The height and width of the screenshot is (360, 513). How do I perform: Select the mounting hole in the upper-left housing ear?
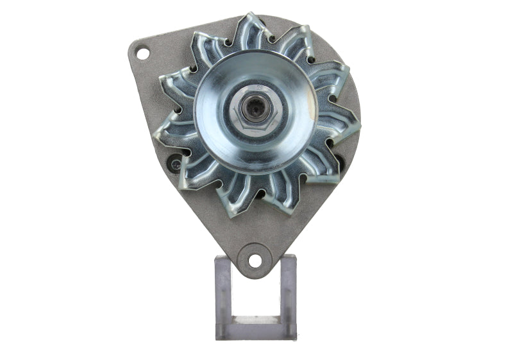coord(142,52)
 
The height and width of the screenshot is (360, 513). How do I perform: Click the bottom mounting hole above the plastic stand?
coord(255,261)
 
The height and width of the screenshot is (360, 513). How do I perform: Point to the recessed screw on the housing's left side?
coord(173,165)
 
